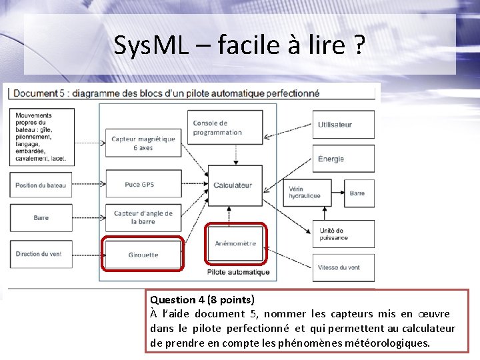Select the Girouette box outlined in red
coord(143,254)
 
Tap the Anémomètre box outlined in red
coord(236,244)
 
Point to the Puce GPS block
coord(143,184)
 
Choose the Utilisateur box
coord(343,125)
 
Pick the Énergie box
coord(343,159)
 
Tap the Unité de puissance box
coord(343,234)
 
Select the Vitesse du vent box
coord(343,267)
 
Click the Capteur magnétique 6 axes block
coord(143,143)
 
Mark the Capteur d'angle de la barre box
coord(143,217)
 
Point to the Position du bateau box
coord(41,185)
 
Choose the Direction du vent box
coord(41,254)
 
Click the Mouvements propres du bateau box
coord(41,137)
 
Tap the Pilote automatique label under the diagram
coord(239,272)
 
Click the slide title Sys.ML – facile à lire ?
coord(239,45)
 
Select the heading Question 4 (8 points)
coord(202,300)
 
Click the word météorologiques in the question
coord(393,343)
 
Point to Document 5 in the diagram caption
coord(39,93)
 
